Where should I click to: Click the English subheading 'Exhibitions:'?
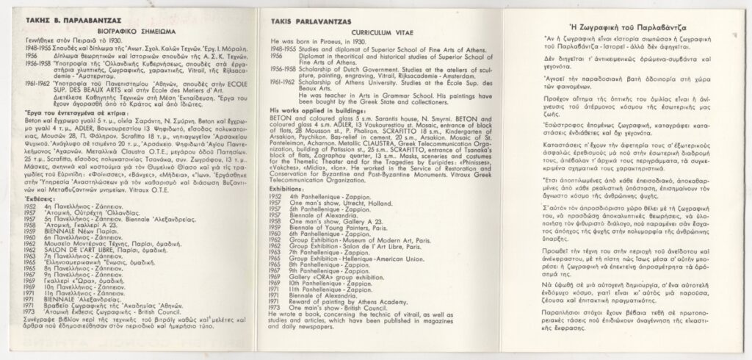pyautogui.click(x=286, y=189)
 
